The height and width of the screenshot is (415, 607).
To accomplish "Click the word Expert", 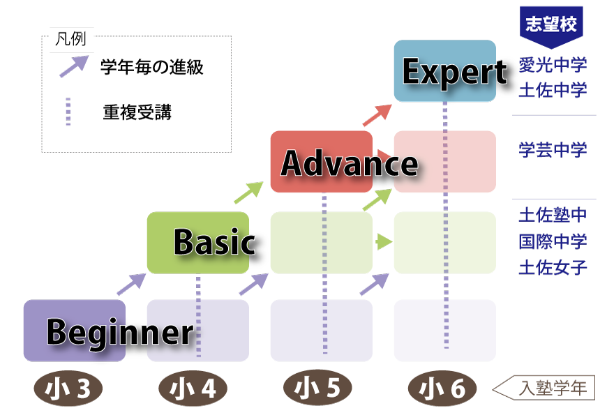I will [454, 72].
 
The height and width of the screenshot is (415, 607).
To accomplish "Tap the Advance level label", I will [350, 164].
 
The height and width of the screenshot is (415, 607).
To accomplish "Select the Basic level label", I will [214, 242].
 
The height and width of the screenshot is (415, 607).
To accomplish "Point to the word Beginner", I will [120, 332].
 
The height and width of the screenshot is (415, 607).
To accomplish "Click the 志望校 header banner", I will [551, 25].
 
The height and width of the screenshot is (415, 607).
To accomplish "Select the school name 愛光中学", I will [552, 66].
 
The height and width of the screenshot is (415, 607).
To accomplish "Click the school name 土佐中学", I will [552, 90].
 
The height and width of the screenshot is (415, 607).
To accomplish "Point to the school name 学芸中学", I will [552, 150].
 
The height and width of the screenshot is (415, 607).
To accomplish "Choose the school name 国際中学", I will [552, 241].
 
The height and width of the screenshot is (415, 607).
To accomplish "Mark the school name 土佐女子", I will [552, 267].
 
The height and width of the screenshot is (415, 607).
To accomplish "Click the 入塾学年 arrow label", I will [547, 388].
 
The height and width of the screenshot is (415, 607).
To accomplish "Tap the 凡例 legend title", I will [70, 40].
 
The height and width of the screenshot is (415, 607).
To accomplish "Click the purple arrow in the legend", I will [73, 66].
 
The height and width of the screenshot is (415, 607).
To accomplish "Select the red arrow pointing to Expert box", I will [377, 115].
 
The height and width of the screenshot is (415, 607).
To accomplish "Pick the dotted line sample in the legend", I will [68, 112].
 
